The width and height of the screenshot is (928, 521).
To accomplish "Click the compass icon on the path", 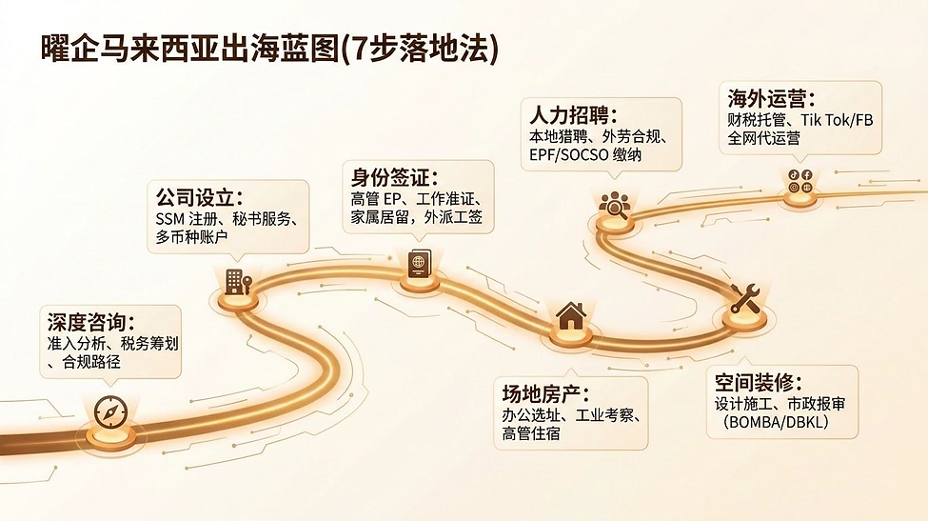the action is tap(110, 412).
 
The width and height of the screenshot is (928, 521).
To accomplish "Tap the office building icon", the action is tap(238, 282).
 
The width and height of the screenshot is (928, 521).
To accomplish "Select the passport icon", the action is tap(420, 264).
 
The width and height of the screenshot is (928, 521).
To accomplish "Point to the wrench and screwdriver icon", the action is tap(744, 298).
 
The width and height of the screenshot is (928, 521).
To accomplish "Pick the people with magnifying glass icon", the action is tap(614, 205).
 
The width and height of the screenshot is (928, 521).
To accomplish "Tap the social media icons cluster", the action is tap(800, 181).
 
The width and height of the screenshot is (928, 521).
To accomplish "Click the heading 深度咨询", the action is tap(90, 323).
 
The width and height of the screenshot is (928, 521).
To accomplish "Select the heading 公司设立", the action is tap(199, 196).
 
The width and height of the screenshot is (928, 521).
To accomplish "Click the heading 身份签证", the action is tap(394, 177).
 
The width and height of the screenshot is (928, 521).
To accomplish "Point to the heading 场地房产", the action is tap(545, 393).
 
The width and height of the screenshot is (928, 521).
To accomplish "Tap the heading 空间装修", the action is tap(759, 383).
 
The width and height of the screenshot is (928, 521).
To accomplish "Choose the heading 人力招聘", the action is tap(573, 114).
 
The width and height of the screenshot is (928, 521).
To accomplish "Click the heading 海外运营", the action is tap(771, 98).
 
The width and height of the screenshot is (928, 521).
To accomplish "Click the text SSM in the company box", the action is tap(169, 219).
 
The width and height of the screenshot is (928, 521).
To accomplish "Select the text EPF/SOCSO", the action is tap(569, 155).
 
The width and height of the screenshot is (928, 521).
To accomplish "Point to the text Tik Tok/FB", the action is tap(837, 120).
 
